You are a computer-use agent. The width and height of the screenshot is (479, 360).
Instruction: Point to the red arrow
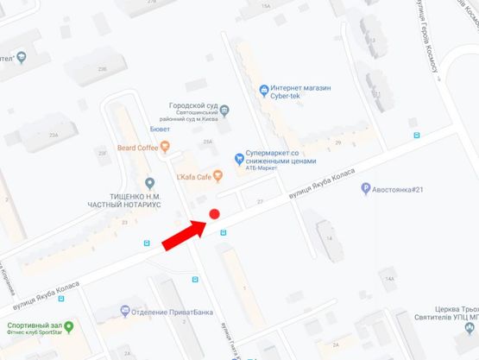click(x=184, y=234)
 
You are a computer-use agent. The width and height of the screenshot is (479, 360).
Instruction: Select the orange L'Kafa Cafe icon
click(x=217, y=175)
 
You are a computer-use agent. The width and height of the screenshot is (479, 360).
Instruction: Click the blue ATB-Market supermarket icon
click(x=240, y=157)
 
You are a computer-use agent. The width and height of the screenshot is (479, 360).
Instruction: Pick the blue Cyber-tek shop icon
click(x=264, y=90)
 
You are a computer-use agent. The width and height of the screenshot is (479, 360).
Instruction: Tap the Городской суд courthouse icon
click(x=224, y=111)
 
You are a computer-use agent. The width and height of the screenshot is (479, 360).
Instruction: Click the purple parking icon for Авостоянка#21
click(x=366, y=189)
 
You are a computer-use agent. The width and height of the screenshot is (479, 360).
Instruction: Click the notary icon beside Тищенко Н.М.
click(x=150, y=183)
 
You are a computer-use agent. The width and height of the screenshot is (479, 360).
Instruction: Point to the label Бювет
click(x=161, y=129)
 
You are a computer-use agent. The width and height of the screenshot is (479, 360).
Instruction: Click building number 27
click(x=259, y=200)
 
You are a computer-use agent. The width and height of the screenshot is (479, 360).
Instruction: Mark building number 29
click(x=338, y=143)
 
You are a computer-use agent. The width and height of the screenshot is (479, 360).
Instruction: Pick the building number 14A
click(x=389, y=279)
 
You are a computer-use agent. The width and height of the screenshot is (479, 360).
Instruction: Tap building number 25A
click(x=207, y=142)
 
